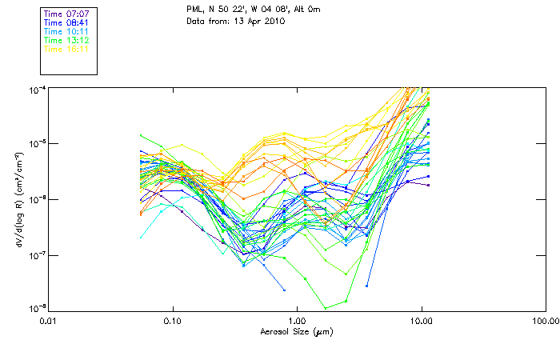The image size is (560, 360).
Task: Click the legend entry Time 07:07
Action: pos(66,14)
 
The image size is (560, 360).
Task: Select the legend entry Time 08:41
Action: pos(66,22)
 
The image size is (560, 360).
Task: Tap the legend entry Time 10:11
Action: pos(66,31)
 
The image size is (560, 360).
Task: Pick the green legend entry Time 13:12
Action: pos(66,40)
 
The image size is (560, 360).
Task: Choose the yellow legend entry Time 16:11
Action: pos(66,49)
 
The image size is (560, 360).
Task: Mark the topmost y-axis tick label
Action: pos(34,88)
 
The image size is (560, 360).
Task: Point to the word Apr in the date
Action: pos(255,21)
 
